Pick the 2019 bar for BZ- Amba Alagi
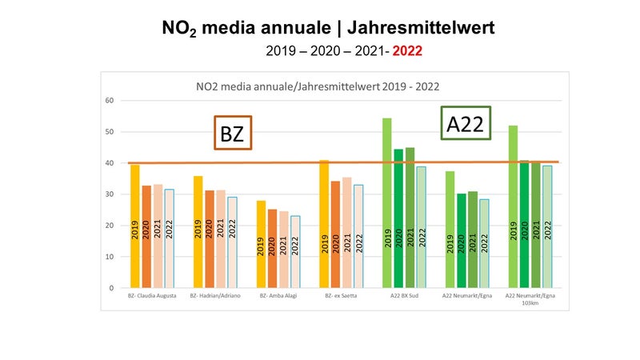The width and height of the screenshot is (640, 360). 261,244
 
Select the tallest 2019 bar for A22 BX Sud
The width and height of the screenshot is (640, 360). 387,203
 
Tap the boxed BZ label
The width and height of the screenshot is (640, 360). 233,134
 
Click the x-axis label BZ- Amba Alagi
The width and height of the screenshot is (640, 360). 278,296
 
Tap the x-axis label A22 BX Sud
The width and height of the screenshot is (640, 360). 404,296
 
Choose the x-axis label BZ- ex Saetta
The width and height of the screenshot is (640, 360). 341,296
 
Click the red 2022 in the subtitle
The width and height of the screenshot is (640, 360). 406,50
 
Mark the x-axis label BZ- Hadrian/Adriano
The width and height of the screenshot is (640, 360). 214,296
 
